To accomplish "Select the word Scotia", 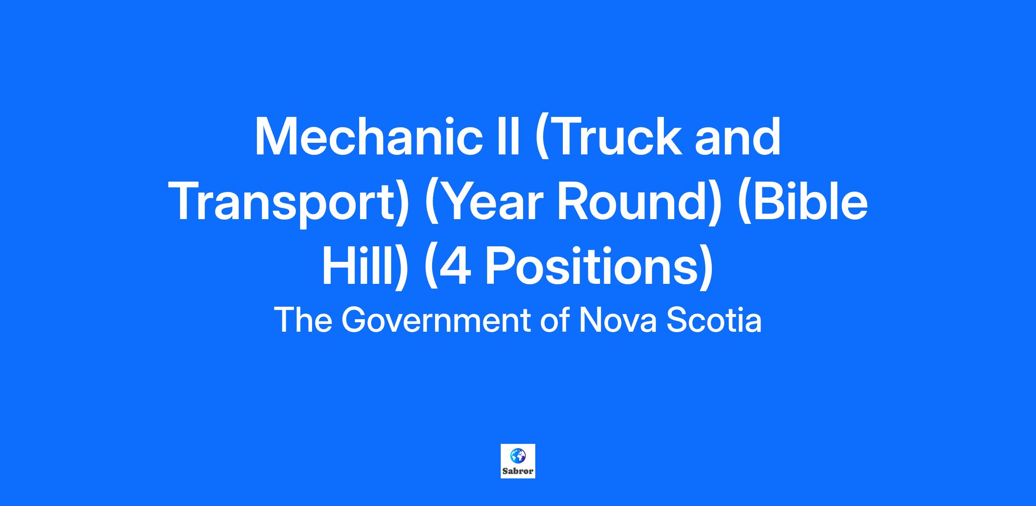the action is (714, 321).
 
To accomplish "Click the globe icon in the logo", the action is (518, 456).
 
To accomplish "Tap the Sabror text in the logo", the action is (518, 471).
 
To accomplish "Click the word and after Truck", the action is (738, 137).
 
